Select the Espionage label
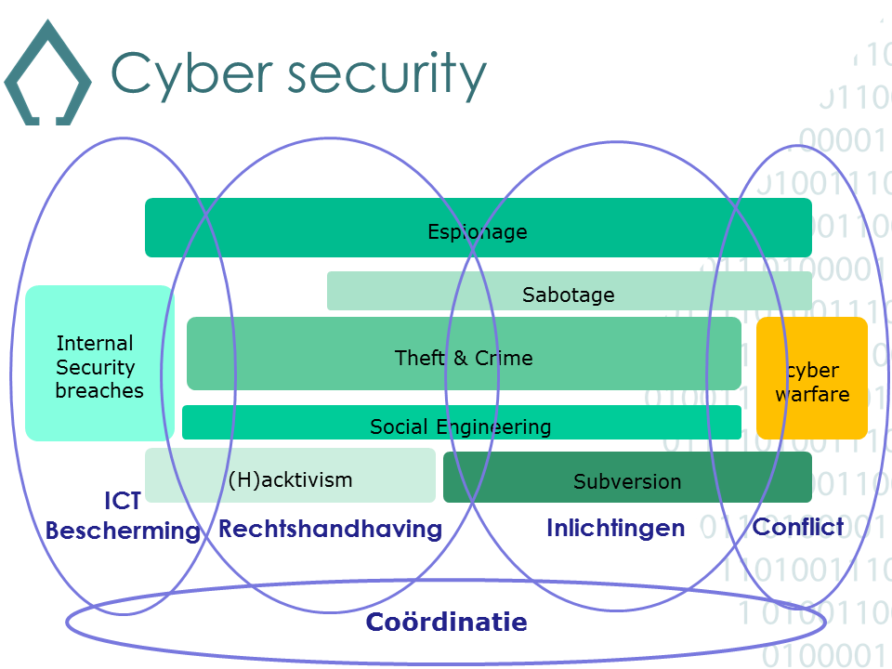478,231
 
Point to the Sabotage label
569,295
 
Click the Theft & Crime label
464,358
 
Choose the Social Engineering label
461,426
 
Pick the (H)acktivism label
291,479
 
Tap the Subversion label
627,481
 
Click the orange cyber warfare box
812,378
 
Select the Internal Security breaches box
99,363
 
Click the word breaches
99,390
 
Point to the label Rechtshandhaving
330,529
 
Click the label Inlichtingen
615,529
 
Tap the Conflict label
798,527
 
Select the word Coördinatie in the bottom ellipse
447,622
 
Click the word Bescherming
123,531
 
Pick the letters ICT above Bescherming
123,502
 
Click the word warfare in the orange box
812,394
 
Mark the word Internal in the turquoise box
95,343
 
